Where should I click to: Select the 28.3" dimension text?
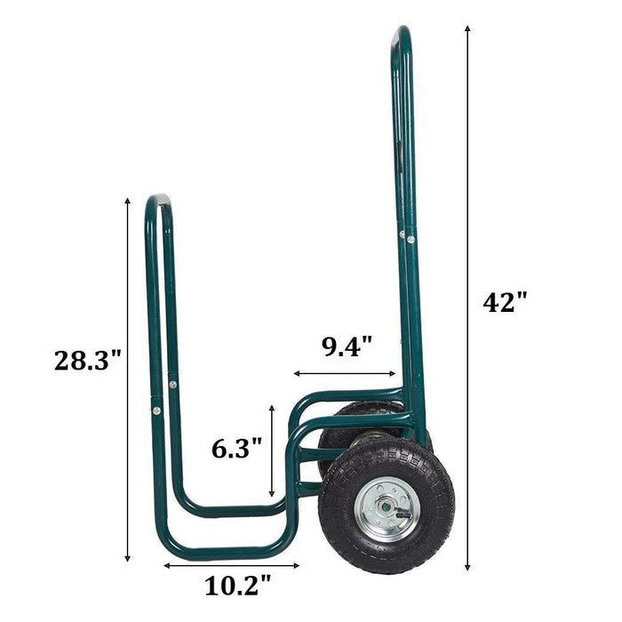(x=87, y=360)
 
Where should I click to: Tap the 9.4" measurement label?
(x=347, y=346)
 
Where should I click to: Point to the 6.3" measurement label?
(x=237, y=448)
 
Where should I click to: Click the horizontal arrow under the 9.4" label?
(x=345, y=374)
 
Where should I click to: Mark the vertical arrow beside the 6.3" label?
(x=272, y=450)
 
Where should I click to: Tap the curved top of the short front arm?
(x=158, y=199)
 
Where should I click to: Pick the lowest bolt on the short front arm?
(x=156, y=411)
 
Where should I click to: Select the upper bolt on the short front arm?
(x=172, y=385)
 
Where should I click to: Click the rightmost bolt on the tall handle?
(x=411, y=236)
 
